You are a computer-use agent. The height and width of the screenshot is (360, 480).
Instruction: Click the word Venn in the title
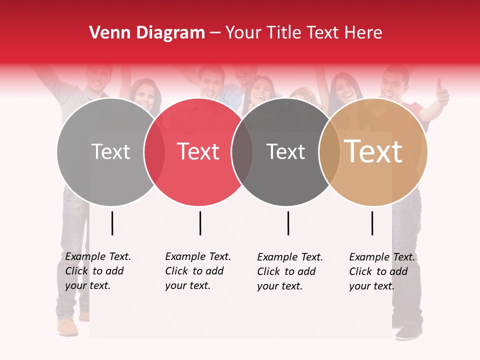[106, 32]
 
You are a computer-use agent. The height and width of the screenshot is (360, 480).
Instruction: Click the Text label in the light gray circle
[110, 151]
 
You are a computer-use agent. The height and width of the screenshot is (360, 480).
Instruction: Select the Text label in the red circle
[198, 151]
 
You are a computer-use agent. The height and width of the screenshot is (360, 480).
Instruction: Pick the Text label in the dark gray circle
[285, 151]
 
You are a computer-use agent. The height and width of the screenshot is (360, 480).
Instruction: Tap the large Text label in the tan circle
[373, 151]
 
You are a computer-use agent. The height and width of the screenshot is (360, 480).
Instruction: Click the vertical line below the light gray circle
[112, 223]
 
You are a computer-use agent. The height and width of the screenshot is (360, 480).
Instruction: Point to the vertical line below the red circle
[200, 223]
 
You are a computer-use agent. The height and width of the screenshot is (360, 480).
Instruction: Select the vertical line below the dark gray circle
[288, 223]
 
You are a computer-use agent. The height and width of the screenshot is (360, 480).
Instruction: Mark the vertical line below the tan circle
[372, 223]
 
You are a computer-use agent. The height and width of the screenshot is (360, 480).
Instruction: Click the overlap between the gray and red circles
[154, 151]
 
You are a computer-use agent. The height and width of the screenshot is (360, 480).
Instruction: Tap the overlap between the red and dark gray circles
[242, 151]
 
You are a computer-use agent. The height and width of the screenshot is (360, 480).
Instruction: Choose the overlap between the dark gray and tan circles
[329, 151]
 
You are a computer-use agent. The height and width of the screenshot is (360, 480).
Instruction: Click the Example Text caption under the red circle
[198, 271]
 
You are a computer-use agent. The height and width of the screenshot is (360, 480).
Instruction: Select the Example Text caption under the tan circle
[382, 271]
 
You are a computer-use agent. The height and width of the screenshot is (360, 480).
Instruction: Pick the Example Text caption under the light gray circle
[98, 271]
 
